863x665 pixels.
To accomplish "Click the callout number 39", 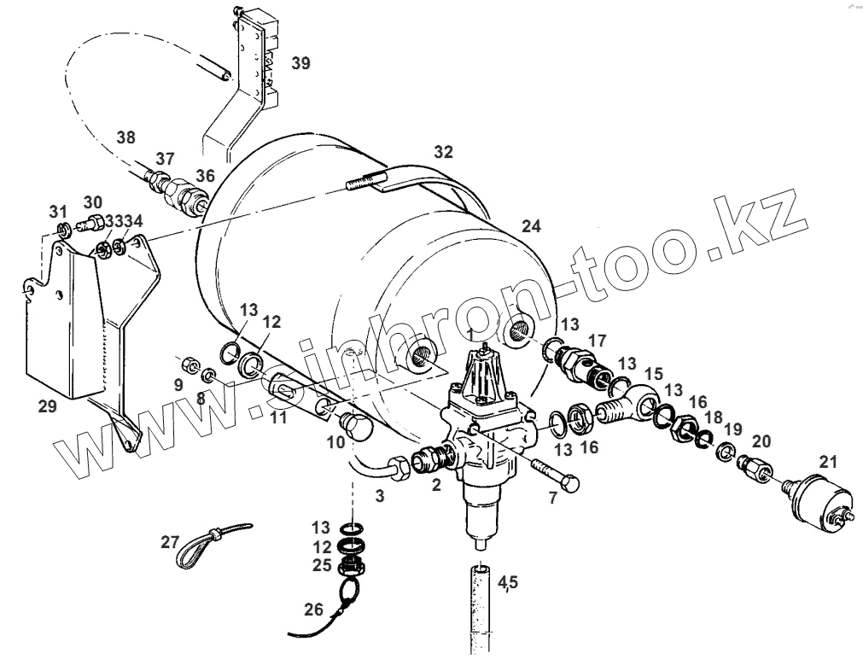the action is [x=300, y=62].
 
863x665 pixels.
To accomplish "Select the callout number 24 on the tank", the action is [x=531, y=227].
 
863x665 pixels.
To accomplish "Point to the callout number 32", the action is [x=442, y=153].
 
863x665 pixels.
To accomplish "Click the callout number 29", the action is [x=47, y=406].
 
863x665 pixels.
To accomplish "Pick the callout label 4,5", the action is [x=507, y=583].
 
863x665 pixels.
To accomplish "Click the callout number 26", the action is [x=313, y=610].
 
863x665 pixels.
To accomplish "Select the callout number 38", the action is [x=126, y=137].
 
